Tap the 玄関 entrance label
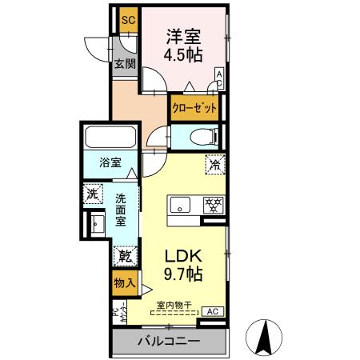123,65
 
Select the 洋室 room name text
183,37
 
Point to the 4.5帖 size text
183,55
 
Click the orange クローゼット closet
195,107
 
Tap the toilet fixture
202,136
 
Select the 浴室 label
110,162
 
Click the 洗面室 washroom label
122,210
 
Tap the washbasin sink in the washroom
97,224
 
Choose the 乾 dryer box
125,257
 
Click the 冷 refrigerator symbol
215,165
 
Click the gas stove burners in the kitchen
212,203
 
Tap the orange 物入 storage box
123,282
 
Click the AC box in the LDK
213,311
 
